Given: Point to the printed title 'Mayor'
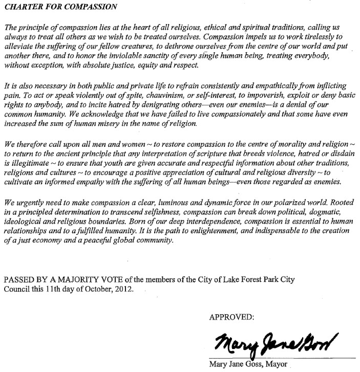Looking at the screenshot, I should coord(276,364).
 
